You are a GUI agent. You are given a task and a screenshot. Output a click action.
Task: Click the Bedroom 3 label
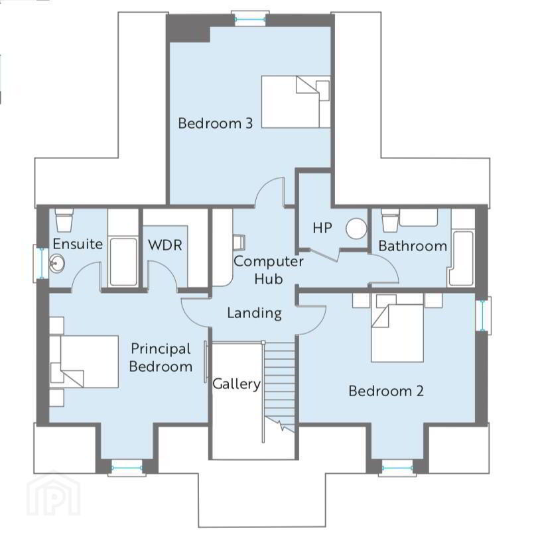coord(215,123)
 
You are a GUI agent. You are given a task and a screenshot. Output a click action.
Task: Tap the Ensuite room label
coord(78,244)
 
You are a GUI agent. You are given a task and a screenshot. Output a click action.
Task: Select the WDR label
coord(165,245)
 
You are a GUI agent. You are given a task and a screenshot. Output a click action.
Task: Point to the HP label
coord(322,228)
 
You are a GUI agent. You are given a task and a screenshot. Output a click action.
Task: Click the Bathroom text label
coord(413,246)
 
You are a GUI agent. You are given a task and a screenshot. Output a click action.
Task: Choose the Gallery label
coord(237,384)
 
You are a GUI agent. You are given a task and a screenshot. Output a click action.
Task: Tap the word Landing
coord(254,313)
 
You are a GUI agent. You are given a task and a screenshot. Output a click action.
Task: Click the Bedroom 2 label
coord(386,391)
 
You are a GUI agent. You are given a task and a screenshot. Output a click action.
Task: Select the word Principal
coord(161,349)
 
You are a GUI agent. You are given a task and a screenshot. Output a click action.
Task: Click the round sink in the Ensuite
coord(56,264)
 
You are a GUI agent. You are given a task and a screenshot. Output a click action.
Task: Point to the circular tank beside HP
coord(356,228)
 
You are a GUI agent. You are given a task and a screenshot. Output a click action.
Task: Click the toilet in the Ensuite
coord(64,220)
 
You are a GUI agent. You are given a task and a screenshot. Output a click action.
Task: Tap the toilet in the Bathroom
coord(390,220)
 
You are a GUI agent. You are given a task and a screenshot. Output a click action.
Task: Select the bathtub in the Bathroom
coord(462,258)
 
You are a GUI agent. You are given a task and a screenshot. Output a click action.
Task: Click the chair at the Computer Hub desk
coord(239,242)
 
